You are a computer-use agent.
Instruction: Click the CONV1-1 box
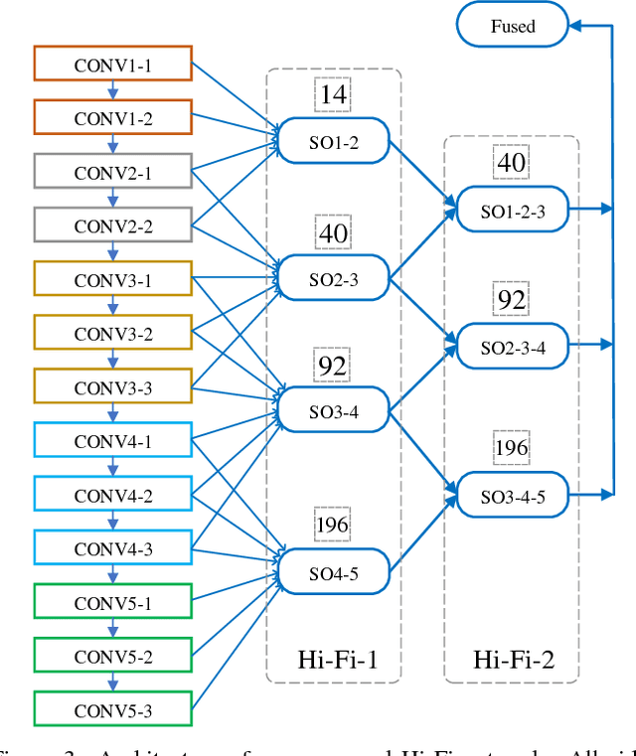coord(112,65)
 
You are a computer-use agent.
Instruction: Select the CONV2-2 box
coord(112,226)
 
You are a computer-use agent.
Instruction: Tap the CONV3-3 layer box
coord(112,386)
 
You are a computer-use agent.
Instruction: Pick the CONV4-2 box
coord(112,494)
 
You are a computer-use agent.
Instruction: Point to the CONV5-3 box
coord(112,709)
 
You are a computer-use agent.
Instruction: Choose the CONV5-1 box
coord(112,602)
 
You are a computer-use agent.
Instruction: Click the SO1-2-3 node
coord(512,211)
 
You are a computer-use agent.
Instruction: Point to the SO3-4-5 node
coord(512,495)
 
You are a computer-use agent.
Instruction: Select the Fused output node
coord(512,25)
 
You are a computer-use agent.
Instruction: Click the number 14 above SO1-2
coord(333,95)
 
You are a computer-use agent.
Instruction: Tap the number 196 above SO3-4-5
coord(512,448)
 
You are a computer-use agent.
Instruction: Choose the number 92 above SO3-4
coord(333,366)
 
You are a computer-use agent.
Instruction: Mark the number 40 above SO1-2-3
coord(512,162)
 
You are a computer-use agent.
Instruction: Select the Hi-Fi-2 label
coord(513,659)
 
